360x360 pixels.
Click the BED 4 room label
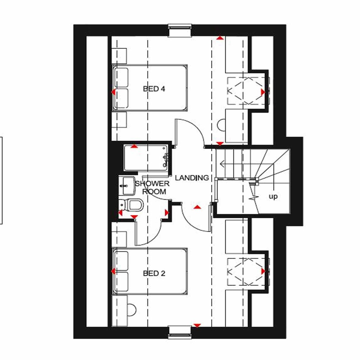(x=154, y=89)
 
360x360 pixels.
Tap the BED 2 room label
(x=154, y=273)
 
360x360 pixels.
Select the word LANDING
(x=192, y=178)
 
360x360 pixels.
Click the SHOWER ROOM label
(x=152, y=188)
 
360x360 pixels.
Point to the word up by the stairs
(x=273, y=197)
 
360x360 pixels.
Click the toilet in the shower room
(x=132, y=204)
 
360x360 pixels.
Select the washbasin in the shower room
(x=127, y=186)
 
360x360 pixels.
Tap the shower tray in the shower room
(x=146, y=160)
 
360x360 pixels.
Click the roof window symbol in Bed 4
(x=245, y=91)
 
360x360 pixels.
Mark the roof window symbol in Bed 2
(x=245, y=272)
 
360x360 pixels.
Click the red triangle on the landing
(x=197, y=207)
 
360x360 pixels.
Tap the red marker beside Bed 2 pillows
(x=113, y=271)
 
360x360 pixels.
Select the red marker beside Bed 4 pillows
(x=113, y=92)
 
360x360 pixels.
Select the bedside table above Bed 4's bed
(x=119, y=56)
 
